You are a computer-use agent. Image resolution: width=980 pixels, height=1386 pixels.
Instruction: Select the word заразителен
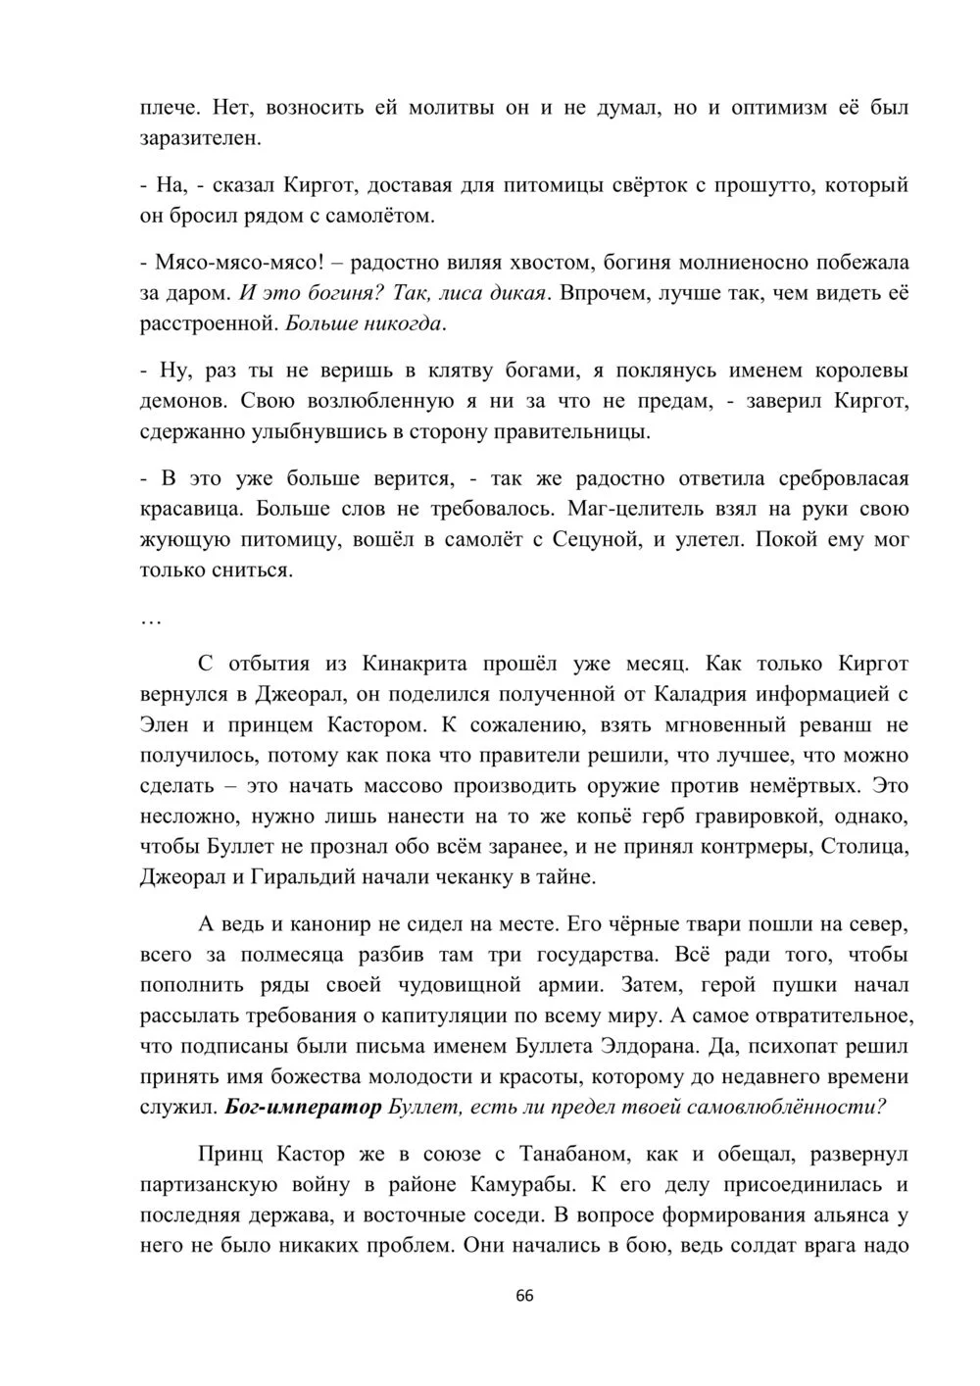(201, 138)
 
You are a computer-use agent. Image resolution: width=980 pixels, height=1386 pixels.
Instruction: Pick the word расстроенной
(205, 322)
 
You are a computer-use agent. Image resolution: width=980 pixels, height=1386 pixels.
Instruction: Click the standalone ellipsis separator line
(151, 620)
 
